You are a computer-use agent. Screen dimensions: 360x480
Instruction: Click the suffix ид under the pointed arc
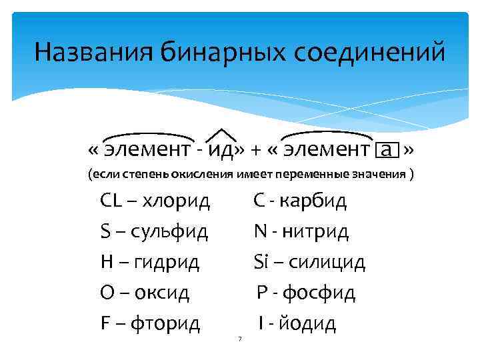tap(222, 149)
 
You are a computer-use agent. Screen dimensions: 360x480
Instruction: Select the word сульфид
tap(169, 231)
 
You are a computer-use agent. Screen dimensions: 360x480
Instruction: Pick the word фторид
tap(166, 323)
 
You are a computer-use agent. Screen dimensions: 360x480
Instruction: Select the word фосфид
tap(321, 293)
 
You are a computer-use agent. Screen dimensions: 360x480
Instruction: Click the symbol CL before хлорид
tap(111, 200)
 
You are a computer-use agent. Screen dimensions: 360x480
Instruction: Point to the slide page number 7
tap(239, 340)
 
